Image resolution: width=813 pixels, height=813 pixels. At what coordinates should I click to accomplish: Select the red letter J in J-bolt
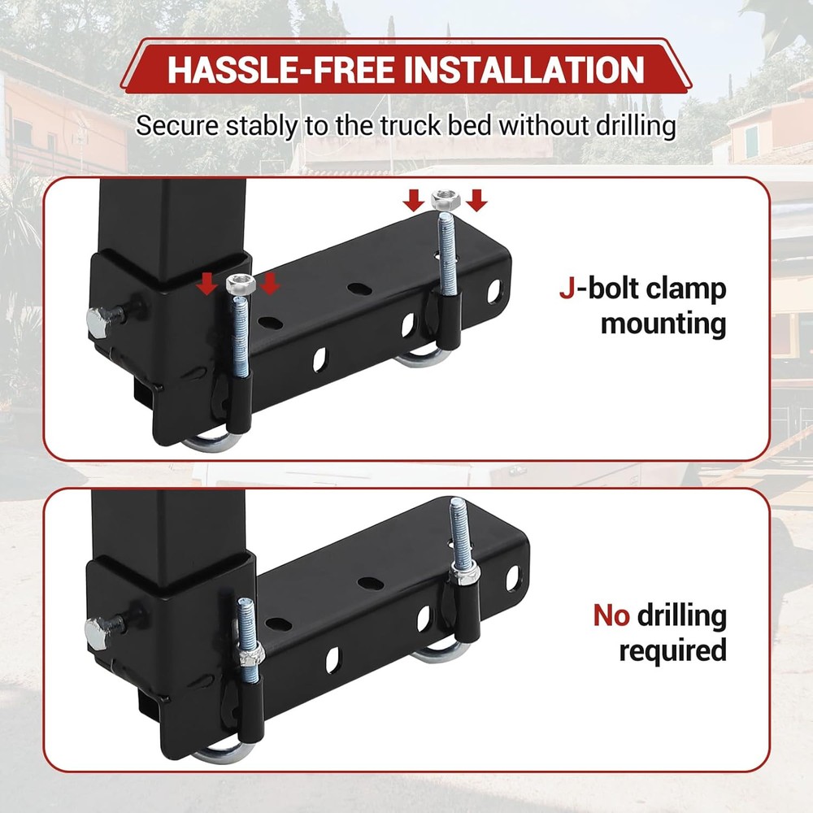567,289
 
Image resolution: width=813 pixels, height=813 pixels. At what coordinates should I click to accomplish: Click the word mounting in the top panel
663,324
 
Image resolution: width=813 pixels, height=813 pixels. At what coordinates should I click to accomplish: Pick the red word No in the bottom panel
611,616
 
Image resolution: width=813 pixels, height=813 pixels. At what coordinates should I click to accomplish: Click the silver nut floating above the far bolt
446,200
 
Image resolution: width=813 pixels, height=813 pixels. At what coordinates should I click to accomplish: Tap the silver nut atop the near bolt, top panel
241,285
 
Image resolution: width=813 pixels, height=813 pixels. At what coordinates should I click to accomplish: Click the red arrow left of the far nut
413,200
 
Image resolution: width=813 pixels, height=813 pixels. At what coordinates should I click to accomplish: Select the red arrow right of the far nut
476,200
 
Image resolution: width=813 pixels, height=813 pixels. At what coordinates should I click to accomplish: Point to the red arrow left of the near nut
207,284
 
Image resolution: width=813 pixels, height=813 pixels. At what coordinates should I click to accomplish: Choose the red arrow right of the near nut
270,284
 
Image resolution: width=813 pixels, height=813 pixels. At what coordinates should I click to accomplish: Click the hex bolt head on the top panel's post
98,323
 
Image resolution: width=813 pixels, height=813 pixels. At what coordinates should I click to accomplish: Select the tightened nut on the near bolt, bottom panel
250,654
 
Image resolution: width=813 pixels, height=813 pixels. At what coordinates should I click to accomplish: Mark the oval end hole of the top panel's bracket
494,291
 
